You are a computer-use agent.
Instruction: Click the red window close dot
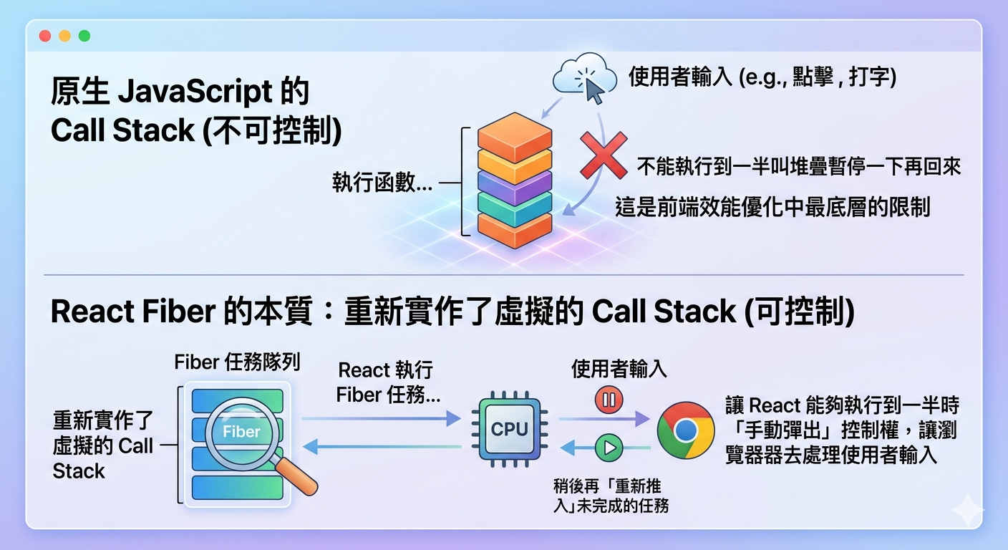click(45, 36)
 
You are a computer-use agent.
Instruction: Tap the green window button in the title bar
click(84, 36)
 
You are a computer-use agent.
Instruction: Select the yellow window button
click(65, 36)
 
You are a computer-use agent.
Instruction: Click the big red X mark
click(604, 155)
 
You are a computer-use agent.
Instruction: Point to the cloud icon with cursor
click(585, 77)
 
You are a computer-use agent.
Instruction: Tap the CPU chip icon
click(510, 429)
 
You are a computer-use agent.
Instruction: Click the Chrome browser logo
click(685, 430)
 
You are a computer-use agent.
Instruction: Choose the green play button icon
click(609, 448)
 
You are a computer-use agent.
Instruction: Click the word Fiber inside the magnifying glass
click(242, 432)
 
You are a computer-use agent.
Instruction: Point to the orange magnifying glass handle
click(296, 477)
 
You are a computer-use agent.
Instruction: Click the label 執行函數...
click(382, 183)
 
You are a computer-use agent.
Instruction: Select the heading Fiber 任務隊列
click(237, 362)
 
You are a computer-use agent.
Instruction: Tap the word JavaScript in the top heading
click(195, 92)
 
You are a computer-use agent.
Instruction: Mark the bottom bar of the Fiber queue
click(237, 488)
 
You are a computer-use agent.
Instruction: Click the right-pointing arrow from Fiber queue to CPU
click(381, 418)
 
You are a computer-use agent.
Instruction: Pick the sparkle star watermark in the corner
click(967, 510)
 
